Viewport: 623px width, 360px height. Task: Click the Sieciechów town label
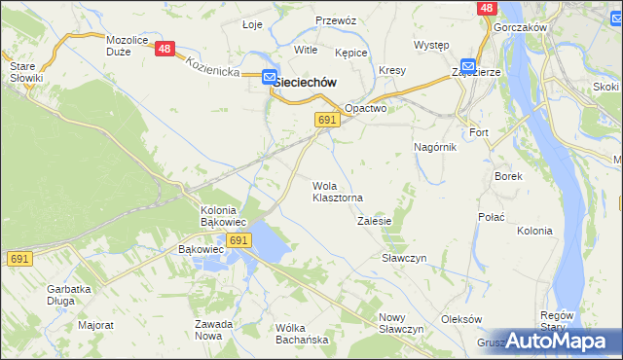point(306,83)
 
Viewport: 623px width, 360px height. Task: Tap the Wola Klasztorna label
point(337,192)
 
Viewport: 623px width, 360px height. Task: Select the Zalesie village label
point(374,221)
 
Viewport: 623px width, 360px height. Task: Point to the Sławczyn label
point(404,258)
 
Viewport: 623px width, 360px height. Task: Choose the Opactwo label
point(366,109)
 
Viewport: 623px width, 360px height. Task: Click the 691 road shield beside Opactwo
point(327,119)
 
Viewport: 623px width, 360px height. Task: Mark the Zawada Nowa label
point(213,330)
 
